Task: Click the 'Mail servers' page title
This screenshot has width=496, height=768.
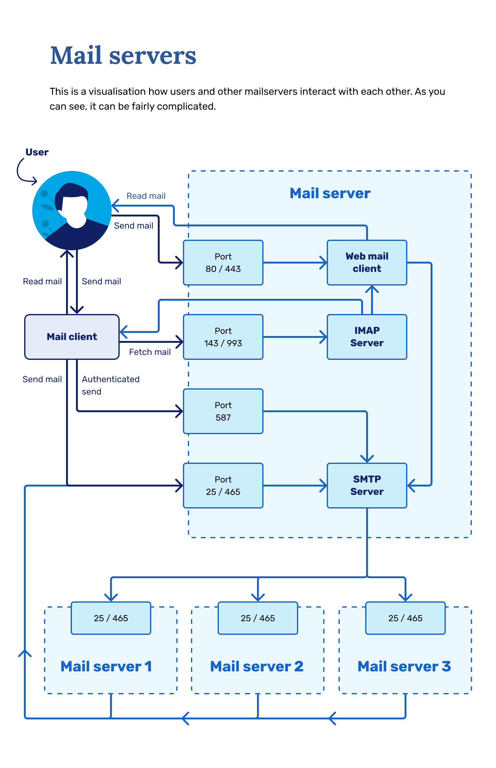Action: [x=123, y=55]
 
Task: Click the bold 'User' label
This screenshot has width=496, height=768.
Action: [x=37, y=152]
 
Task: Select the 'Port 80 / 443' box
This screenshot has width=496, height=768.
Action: [x=223, y=263]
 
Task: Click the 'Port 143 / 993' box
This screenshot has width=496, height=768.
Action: [x=223, y=337]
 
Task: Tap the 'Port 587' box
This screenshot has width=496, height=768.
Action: [x=223, y=411]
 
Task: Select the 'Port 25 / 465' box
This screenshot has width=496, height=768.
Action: [x=223, y=486]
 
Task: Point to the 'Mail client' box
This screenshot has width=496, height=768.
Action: [x=72, y=337]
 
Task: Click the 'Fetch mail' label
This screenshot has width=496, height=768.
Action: [x=150, y=352]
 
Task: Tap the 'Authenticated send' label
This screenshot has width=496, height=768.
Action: [x=110, y=385]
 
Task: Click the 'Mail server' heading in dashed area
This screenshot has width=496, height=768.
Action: [x=330, y=193]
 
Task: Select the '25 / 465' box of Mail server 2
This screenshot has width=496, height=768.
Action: [x=258, y=618]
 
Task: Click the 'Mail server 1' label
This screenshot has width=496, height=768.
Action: [x=106, y=666]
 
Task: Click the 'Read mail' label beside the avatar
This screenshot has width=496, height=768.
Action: [x=146, y=196]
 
